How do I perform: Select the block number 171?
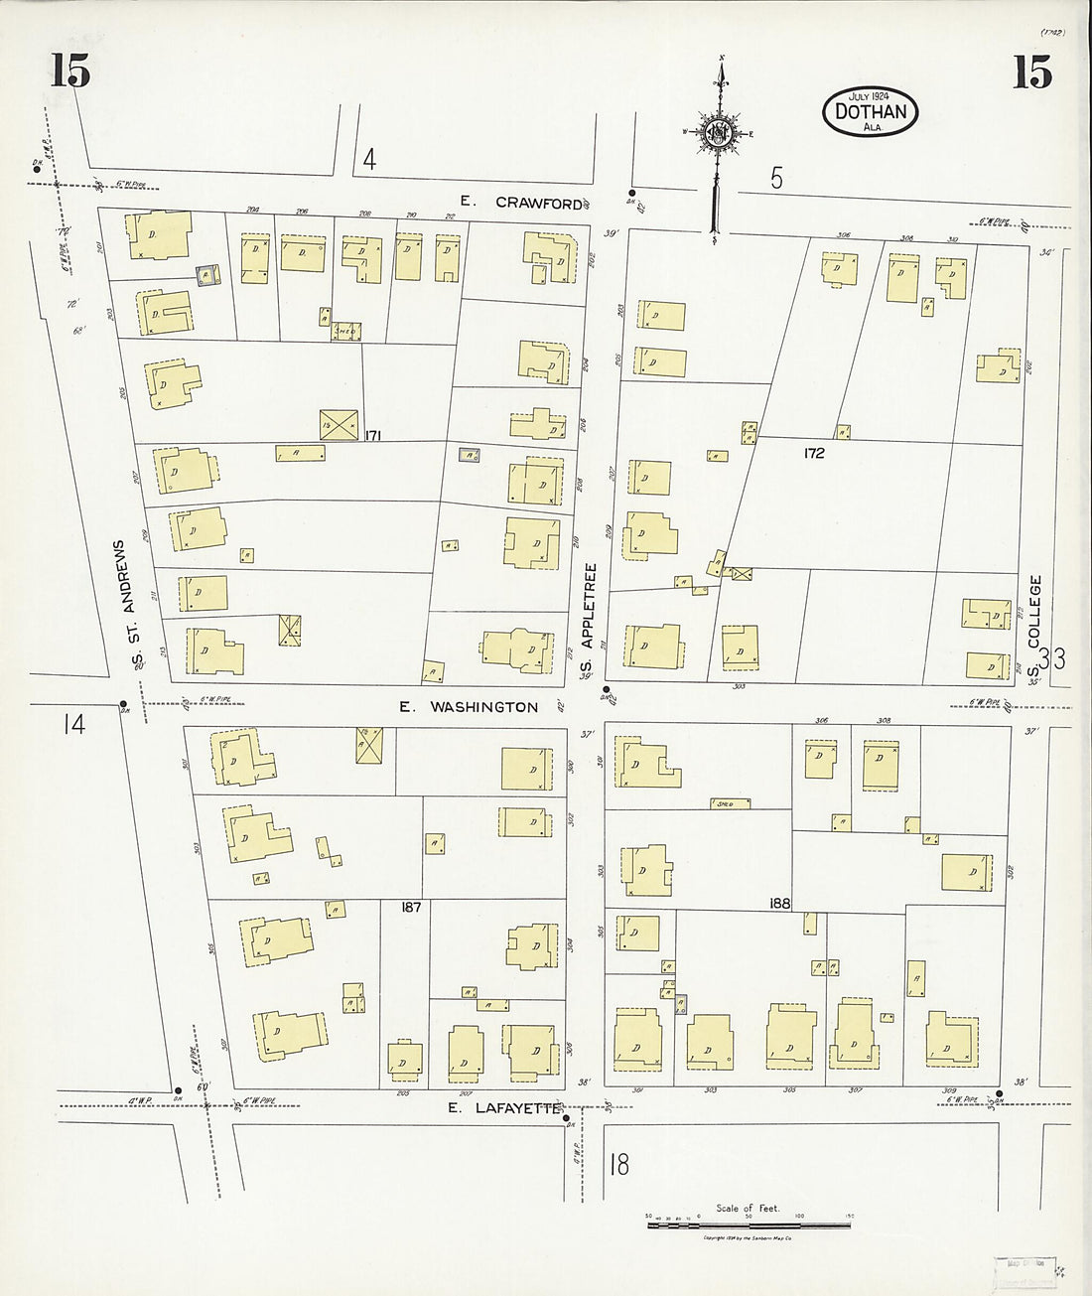(x=373, y=435)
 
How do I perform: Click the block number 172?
(x=815, y=452)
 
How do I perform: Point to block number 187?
(x=411, y=907)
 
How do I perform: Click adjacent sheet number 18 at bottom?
(x=618, y=1164)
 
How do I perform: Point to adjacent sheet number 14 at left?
(x=72, y=724)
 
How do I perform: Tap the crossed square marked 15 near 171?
(x=339, y=425)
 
